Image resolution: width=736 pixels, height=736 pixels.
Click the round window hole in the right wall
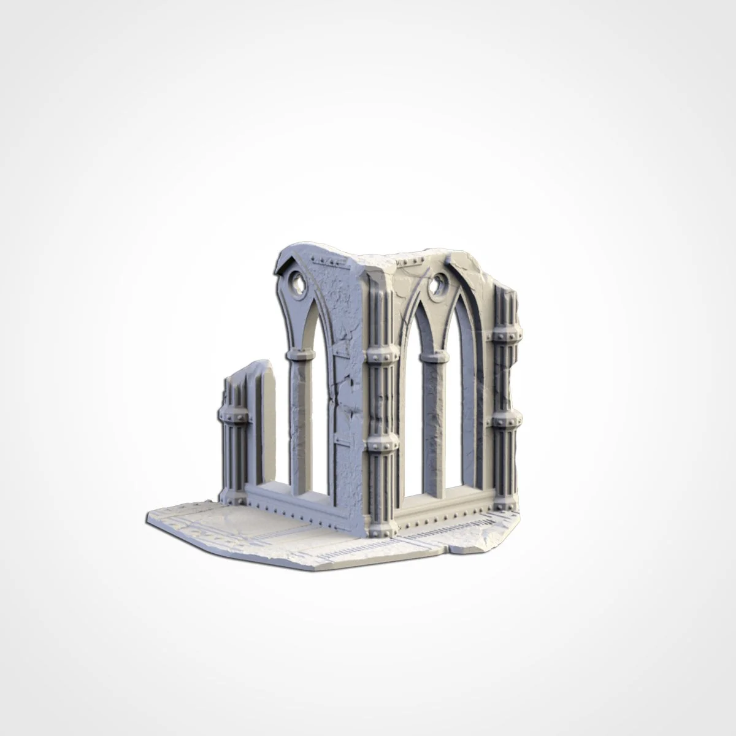(x=439, y=284)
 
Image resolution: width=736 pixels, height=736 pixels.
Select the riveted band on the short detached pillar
(x=234, y=416)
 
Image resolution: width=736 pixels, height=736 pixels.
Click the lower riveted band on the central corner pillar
(x=381, y=443)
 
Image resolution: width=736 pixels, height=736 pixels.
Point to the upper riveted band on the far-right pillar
(x=507, y=335)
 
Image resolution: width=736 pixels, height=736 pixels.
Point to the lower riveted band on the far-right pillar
(x=507, y=420)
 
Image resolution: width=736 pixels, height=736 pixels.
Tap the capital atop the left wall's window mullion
(x=300, y=355)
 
